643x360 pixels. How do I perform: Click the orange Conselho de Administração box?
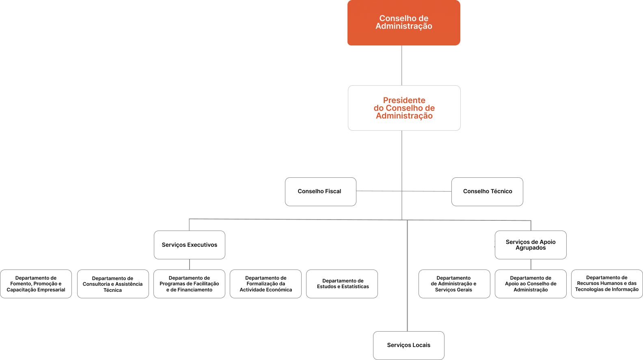click(x=403, y=23)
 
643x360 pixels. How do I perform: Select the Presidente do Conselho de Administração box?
click(x=404, y=108)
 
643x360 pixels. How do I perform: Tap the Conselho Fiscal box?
click(x=321, y=192)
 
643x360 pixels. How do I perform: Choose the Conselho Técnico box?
click(x=487, y=192)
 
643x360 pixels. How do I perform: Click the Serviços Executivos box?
click(x=190, y=245)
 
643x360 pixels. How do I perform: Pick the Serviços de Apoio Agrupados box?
click(x=531, y=245)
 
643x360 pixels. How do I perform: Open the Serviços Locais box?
click(x=409, y=345)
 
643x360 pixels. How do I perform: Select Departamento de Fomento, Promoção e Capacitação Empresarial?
click(x=36, y=284)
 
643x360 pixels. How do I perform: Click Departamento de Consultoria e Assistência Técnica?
click(x=113, y=284)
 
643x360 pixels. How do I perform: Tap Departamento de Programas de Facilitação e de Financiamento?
click(x=190, y=284)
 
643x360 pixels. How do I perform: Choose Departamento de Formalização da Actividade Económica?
click(x=266, y=284)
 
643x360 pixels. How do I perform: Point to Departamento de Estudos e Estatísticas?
click(x=342, y=284)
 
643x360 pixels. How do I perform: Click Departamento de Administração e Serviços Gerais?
click(x=454, y=284)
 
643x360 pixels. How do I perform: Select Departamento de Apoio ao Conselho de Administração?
click(x=531, y=284)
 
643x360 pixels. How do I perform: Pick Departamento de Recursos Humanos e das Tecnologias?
click(x=607, y=284)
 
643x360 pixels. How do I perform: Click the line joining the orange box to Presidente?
click(x=401, y=65)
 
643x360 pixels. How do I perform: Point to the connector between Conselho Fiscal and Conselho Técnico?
click(x=404, y=191)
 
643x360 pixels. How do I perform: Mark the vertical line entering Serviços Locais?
click(x=407, y=276)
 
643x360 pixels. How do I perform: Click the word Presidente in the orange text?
click(x=404, y=101)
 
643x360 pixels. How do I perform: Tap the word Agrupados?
click(x=531, y=248)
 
